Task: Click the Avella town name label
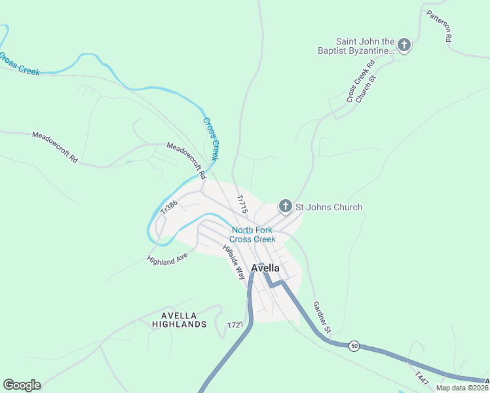coord(266,268)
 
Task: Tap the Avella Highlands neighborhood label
coord(179,320)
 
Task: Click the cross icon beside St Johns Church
coord(286,207)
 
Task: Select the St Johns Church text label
coord(329,208)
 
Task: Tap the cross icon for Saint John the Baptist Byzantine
coord(404,45)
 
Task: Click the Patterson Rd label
coord(439,26)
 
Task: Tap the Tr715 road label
coord(242,204)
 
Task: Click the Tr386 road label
coord(169,208)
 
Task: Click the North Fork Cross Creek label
coord(252,234)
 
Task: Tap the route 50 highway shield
coord(354,346)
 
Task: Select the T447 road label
coord(423,379)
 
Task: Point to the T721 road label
coord(235,326)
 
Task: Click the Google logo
coord(22,385)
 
